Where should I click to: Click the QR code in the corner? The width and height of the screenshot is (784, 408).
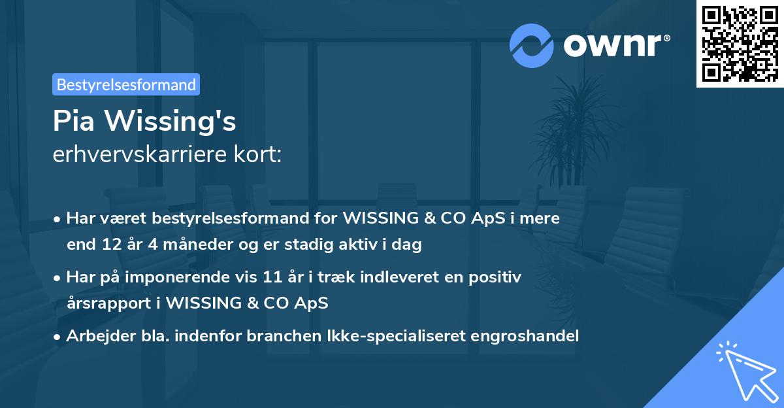740,44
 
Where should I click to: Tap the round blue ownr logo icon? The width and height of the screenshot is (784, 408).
532,46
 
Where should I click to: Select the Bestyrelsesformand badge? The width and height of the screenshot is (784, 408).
126,84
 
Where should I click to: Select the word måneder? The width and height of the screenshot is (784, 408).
189,245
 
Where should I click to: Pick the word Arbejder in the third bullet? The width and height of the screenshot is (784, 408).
95,336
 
